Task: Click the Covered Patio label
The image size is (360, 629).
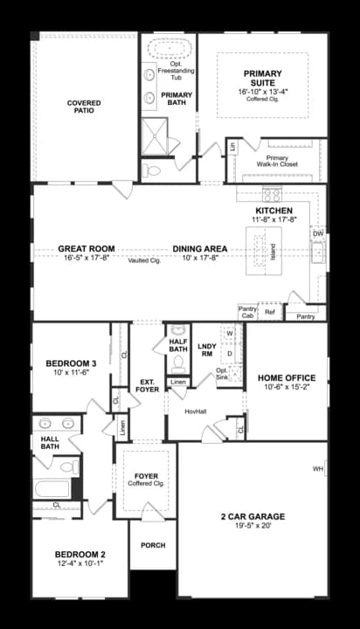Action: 84,107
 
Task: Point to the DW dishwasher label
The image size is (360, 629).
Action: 318,234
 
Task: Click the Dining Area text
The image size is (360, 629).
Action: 199,249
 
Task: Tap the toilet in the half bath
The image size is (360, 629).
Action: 177,359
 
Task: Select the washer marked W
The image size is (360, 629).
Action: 230,334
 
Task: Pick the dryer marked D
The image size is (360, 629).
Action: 230,354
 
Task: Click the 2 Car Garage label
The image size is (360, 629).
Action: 253,516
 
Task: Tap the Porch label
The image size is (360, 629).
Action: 153,545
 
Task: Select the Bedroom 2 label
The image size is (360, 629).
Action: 80,555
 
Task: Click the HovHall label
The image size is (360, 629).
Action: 195,410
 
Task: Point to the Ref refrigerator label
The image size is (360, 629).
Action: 269,312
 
